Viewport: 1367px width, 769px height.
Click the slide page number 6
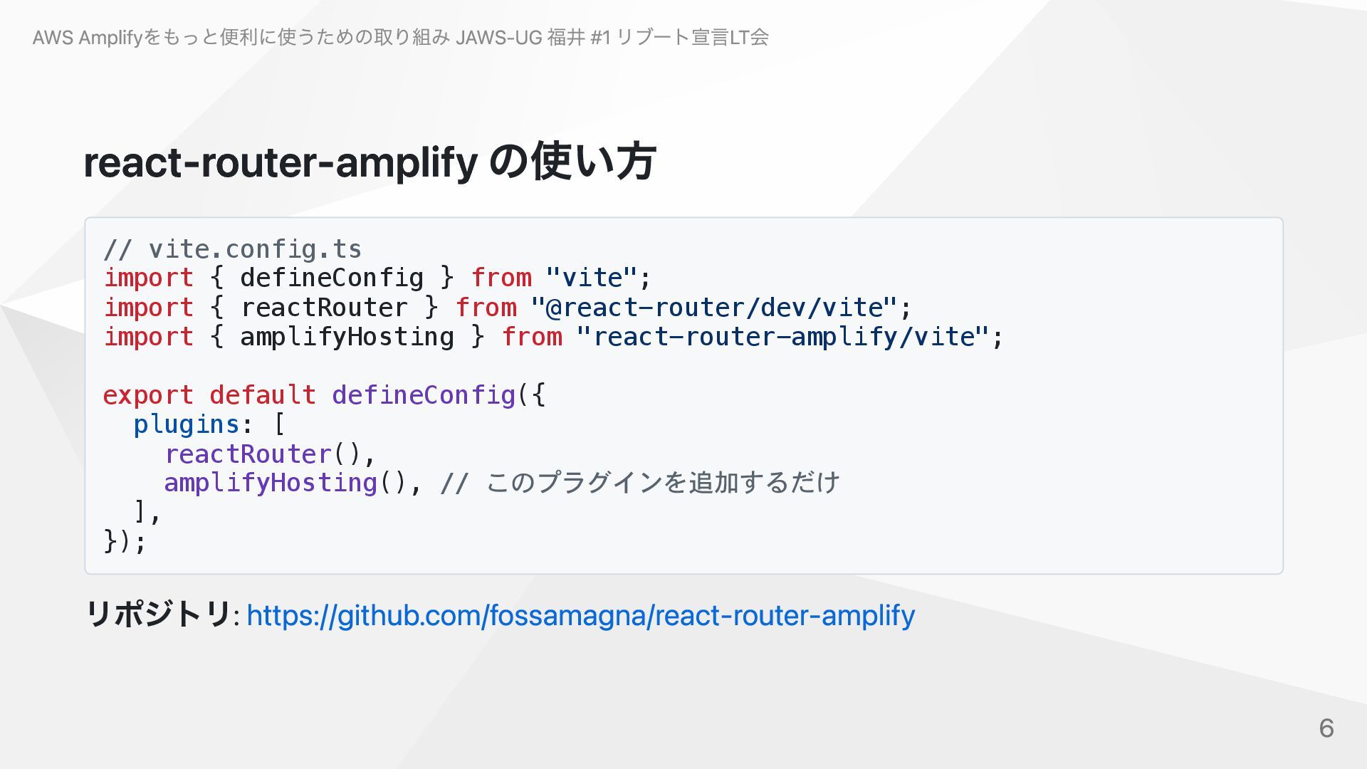tap(1326, 728)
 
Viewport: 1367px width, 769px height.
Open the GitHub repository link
tap(580, 615)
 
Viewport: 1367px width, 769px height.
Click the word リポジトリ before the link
tap(158, 614)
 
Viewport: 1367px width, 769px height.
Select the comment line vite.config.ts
tap(233, 249)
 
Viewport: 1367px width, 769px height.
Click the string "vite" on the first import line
tap(590, 278)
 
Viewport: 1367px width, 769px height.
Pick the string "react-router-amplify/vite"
tap(782, 337)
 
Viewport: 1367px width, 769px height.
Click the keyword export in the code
tap(148, 395)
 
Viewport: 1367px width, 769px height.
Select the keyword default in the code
tap(263, 395)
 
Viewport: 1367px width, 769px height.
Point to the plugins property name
tap(187, 424)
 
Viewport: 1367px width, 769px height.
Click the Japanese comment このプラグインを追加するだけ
tap(662, 483)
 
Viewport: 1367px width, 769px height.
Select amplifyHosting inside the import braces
tap(347, 337)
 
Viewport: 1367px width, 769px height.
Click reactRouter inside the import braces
tap(324, 308)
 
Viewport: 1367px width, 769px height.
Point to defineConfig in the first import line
tap(332, 278)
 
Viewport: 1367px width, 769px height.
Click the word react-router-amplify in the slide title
tap(281, 162)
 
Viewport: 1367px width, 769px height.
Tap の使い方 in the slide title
tap(572, 162)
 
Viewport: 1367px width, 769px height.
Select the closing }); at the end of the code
tap(125, 542)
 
